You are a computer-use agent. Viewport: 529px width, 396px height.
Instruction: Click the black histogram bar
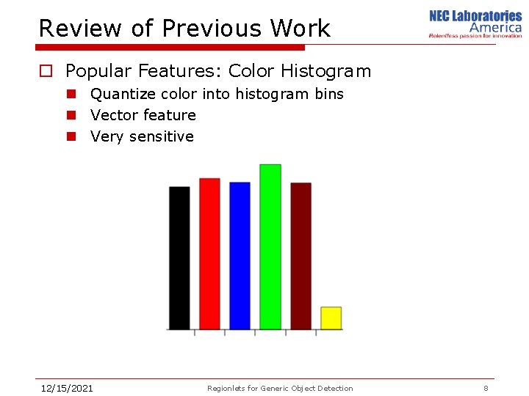coord(179,258)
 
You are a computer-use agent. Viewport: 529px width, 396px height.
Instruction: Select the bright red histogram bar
coord(209,254)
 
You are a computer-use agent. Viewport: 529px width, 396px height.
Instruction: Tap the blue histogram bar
coord(240,256)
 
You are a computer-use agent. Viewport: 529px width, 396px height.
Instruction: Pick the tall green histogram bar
coord(270,247)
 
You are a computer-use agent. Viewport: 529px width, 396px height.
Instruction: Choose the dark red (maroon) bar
coord(301,256)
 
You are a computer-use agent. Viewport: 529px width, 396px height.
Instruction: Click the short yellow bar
coord(331,318)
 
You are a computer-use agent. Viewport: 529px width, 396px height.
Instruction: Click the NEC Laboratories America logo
coord(475,24)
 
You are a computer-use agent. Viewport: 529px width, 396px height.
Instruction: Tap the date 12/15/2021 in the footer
coord(66,388)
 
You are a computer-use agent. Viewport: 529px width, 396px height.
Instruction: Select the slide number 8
coord(486,388)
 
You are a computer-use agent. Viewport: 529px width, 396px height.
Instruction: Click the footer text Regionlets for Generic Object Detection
coord(280,388)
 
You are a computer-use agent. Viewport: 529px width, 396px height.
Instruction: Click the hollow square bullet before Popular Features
coord(46,72)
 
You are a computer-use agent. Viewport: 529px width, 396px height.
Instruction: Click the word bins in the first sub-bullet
coord(328,94)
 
